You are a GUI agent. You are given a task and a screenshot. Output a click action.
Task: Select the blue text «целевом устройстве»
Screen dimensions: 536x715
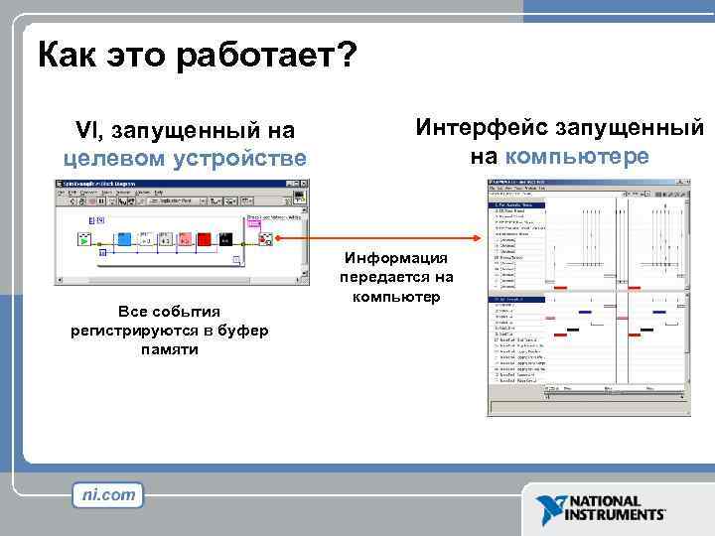(x=185, y=159)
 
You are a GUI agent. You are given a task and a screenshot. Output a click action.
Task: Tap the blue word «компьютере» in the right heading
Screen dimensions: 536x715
(x=576, y=156)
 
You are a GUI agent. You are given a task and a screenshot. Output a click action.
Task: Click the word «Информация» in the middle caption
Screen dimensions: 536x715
(x=396, y=258)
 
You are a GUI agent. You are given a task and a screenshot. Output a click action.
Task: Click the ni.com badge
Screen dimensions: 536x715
(x=108, y=493)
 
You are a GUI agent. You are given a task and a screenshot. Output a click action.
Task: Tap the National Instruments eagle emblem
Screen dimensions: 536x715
(x=549, y=509)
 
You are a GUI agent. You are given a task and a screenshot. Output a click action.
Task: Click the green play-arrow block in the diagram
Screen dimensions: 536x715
(x=85, y=239)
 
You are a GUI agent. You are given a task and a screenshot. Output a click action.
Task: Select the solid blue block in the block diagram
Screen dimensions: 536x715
(x=125, y=239)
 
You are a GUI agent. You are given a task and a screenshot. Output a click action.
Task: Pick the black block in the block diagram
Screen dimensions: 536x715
(x=225, y=239)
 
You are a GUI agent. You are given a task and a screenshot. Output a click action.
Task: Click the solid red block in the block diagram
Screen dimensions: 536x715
(x=204, y=239)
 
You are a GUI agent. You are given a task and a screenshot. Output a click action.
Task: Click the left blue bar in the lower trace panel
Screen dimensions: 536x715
(x=585, y=313)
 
